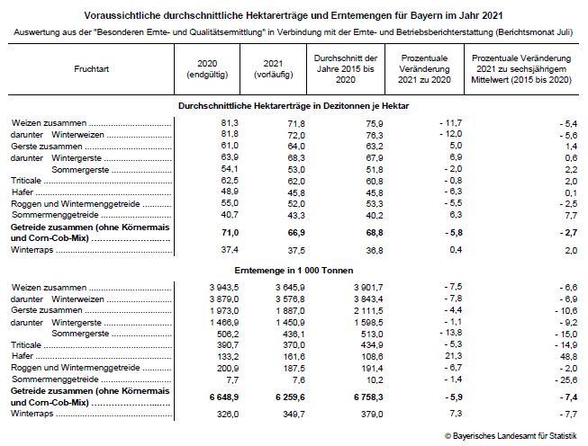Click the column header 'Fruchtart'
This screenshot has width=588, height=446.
point(93,68)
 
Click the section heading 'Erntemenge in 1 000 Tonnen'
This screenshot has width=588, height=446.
point(294,270)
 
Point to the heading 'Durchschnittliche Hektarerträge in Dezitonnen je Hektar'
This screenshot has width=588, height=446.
point(294,106)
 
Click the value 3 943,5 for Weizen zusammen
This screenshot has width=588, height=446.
point(220,286)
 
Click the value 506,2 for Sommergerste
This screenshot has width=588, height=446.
point(225,333)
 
